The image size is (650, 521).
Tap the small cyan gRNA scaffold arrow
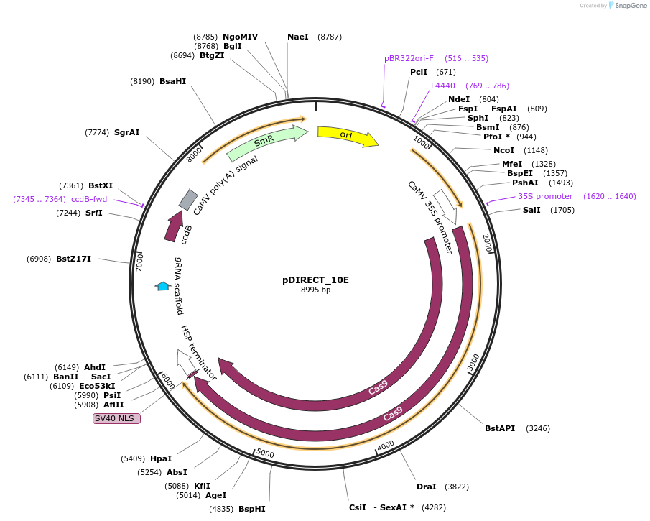pos(163,286)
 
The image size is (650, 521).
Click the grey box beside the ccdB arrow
pos(188,199)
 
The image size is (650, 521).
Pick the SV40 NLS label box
pos(116,418)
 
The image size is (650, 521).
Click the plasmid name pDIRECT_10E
pos(315,280)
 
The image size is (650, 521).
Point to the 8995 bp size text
pos(315,290)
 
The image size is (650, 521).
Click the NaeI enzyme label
pos(297,37)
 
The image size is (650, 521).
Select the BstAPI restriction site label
pos(500,428)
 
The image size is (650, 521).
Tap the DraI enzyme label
pos(426,487)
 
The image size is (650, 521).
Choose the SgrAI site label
pos(126,132)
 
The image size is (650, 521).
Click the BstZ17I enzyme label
pos(73,259)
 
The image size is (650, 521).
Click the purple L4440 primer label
pos(442,86)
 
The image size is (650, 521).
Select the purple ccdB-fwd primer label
pos(89,199)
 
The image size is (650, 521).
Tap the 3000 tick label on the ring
pos(473,363)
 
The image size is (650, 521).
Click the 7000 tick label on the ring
pos(140,261)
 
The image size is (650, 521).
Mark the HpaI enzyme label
pos(161,458)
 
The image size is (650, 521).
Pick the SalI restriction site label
pos(531,210)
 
